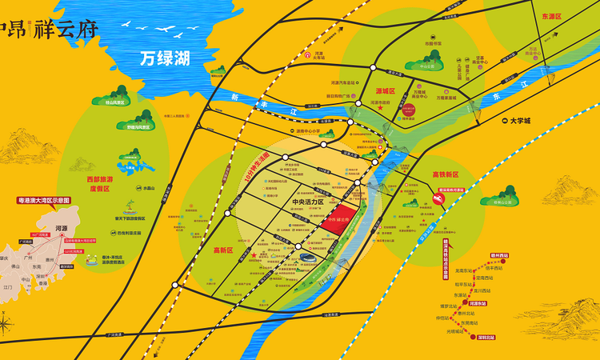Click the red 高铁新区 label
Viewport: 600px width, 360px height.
(x=446, y=174)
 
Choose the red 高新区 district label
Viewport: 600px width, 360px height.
(x=222, y=250)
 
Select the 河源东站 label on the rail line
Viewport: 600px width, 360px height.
(x=479, y=304)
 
